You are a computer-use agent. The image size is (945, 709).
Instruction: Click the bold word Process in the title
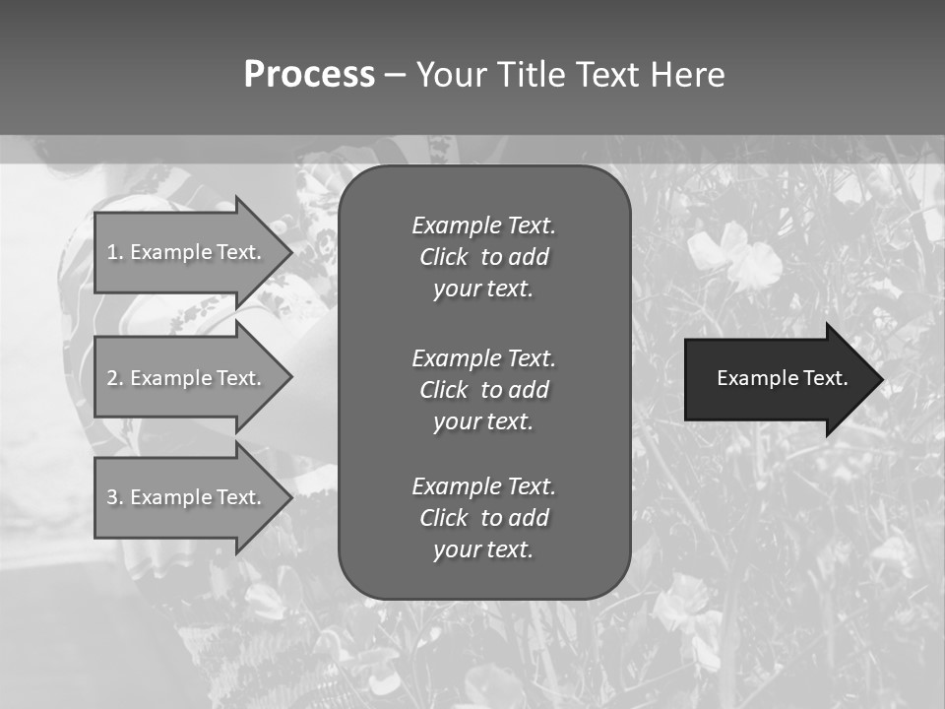click(309, 75)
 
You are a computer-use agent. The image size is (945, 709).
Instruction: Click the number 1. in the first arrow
click(114, 252)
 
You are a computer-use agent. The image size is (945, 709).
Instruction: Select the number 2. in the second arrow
click(114, 378)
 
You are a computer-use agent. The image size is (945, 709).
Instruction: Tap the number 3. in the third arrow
click(114, 497)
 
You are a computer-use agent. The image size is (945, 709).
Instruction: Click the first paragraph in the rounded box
click(483, 257)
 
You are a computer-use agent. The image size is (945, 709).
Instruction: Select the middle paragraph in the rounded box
click(483, 389)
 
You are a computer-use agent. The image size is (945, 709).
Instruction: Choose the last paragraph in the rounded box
click(483, 518)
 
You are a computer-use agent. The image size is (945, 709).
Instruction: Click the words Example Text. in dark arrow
click(782, 378)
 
